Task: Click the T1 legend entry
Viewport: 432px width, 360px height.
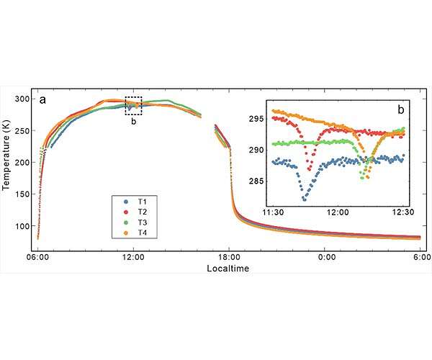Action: (x=135, y=202)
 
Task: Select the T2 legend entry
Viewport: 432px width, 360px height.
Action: (x=135, y=212)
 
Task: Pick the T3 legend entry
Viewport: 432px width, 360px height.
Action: (x=135, y=222)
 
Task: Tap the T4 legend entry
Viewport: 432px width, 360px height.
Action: (x=135, y=233)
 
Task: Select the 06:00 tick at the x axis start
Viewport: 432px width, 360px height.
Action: (x=38, y=258)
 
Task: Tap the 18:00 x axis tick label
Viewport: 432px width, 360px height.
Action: (x=229, y=258)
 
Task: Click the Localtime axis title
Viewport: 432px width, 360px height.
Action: (x=228, y=269)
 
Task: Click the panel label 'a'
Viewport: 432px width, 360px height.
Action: (x=42, y=100)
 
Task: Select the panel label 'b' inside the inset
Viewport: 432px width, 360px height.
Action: (x=401, y=110)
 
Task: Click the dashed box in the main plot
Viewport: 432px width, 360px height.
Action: (x=134, y=97)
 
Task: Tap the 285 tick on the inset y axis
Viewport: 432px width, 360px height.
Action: (x=257, y=181)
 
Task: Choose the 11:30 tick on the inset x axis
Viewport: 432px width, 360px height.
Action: (x=273, y=212)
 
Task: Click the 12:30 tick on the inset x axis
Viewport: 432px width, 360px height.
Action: (x=403, y=212)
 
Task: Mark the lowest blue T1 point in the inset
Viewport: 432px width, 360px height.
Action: (x=305, y=199)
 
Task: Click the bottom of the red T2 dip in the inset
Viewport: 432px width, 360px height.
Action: (x=309, y=169)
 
